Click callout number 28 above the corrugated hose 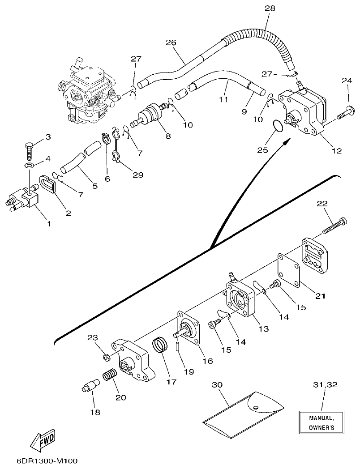coord(270,9)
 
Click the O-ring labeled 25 coord(278,126)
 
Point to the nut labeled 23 coord(107,357)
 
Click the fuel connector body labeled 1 coord(25,200)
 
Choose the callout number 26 coord(171,43)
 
